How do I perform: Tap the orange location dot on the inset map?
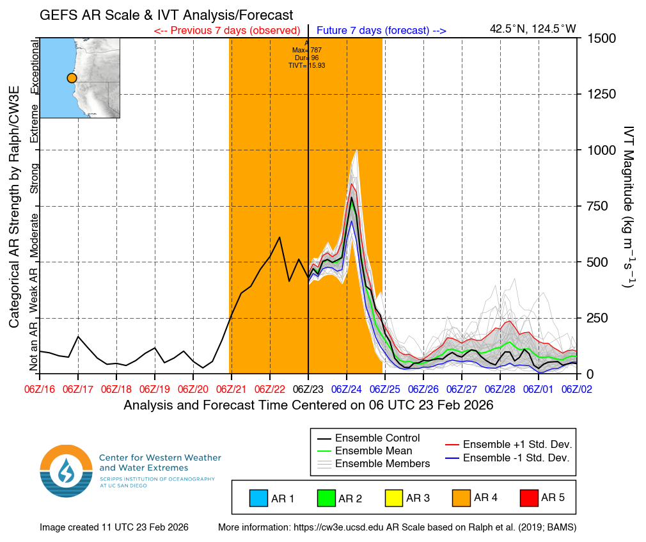[x=72, y=77]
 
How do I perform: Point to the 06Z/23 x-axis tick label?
[x=308, y=389]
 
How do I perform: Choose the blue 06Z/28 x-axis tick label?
[x=500, y=389]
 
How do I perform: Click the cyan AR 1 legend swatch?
[x=259, y=498]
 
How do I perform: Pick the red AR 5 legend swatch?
[x=528, y=498]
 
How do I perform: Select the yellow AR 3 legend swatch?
[x=393, y=498]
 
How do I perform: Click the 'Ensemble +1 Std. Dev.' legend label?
[x=517, y=445]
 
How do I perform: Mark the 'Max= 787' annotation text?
[x=306, y=50]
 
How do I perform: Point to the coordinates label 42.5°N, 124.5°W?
[x=533, y=29]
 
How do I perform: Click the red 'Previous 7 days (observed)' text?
[x=227, y=30]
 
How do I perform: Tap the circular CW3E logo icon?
[x=67, y=471]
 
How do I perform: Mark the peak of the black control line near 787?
[x=352, y=197]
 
